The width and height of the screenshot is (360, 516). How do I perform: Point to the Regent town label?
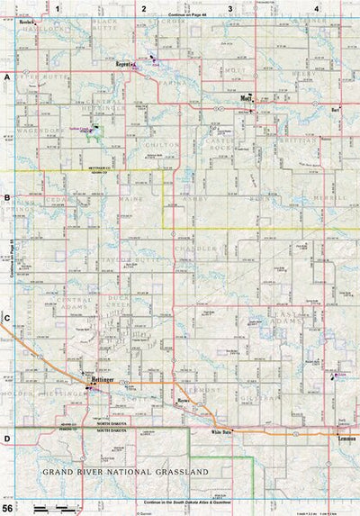point(124,65)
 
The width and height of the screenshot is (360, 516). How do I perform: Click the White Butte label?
point(221,433)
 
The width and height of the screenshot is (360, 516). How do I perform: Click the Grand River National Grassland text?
point(125,472)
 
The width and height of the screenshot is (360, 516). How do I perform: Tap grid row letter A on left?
point(6,78)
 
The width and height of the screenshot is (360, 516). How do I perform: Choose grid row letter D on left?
point(6,439)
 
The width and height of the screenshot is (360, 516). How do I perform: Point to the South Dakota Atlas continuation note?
point(186,502)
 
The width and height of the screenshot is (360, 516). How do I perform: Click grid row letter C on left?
point(6,318)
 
